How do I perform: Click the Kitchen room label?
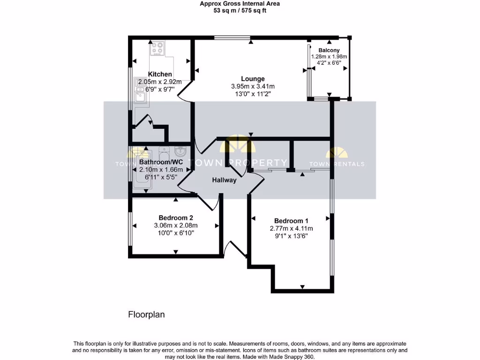[160, 74]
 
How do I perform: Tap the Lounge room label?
[253, 79]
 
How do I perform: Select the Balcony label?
[329, 50]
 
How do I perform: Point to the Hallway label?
[224, 180]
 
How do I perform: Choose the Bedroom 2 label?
[176, 217]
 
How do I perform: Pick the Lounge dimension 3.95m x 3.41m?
[253, 86]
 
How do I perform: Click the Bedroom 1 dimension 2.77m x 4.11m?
[291, 229]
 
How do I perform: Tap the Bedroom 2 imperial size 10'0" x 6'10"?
[176, 232]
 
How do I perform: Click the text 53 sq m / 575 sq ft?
[240, 10]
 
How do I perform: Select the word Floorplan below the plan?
[147, 315]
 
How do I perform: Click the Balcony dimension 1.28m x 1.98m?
[329, 56]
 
